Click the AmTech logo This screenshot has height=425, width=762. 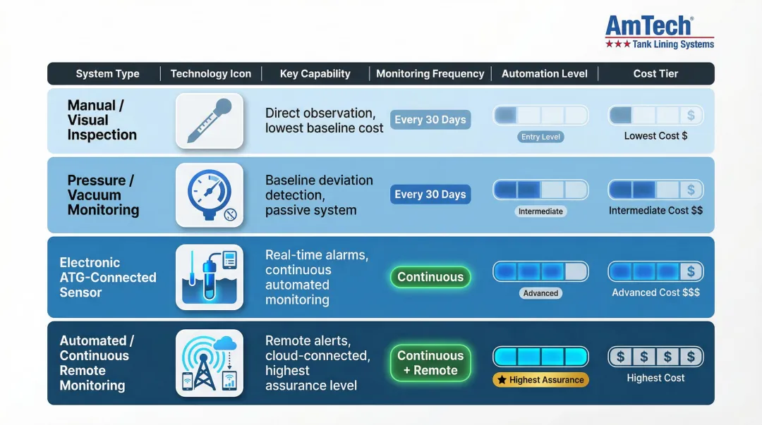(x=659, y=32)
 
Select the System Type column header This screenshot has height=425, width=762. (x=107, y=73)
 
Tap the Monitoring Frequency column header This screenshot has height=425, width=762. (x=430, y=73)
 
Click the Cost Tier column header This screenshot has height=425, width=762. (x=655, y=73)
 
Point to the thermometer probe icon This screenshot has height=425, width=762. (x=210, y=121)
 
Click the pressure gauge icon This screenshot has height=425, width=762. (x=210, y=195)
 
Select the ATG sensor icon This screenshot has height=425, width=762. (x=210, y=277)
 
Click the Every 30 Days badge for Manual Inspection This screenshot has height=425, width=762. (x=430, y=120)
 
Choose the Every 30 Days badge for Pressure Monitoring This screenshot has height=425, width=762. (x=430, y=195)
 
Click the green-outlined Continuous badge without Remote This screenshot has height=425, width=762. (x=430, y=277)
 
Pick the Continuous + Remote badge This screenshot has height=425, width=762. (x=430, y=363)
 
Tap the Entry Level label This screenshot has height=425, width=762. (x=541, y=137)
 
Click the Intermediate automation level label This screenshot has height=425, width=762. (x=541, y=211)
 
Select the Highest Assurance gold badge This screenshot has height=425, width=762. (x=540, y=380)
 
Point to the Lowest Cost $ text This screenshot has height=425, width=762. (x=655, y=135)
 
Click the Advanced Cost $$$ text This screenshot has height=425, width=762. (x=655, y=292)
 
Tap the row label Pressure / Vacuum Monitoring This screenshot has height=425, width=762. (x=103, y=195)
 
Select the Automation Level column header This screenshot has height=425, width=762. (x=545, y=73)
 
